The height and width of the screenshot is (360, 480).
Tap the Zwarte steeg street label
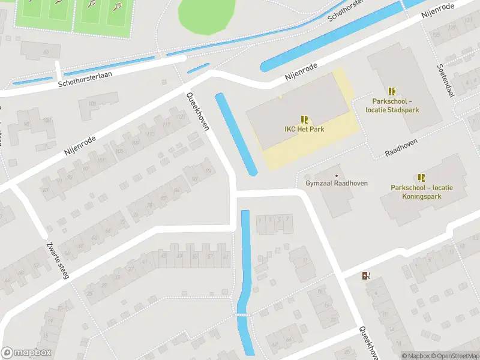[x=58, y=260]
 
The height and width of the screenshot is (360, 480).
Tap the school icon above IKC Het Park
[x=304, y=119]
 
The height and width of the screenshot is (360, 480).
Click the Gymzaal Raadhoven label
[x=336, y=183]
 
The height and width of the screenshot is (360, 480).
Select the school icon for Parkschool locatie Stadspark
[x=392, y=91]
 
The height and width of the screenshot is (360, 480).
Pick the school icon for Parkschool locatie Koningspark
[x=421, y=177]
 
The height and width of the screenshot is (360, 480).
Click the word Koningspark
[x=422, y=196]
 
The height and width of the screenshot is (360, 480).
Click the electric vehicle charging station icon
[x=367, y=276]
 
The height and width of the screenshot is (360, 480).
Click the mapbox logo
[x=26, y=353]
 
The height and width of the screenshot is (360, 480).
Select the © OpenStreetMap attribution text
[x=455, y=356]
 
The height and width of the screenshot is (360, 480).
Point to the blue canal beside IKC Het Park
[x=236, y=134]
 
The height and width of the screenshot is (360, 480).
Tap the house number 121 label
[x=182, y=117]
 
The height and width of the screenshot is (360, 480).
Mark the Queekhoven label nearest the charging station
[x=367, y=342]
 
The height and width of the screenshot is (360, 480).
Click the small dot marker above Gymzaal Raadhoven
[x=335, y=167]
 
